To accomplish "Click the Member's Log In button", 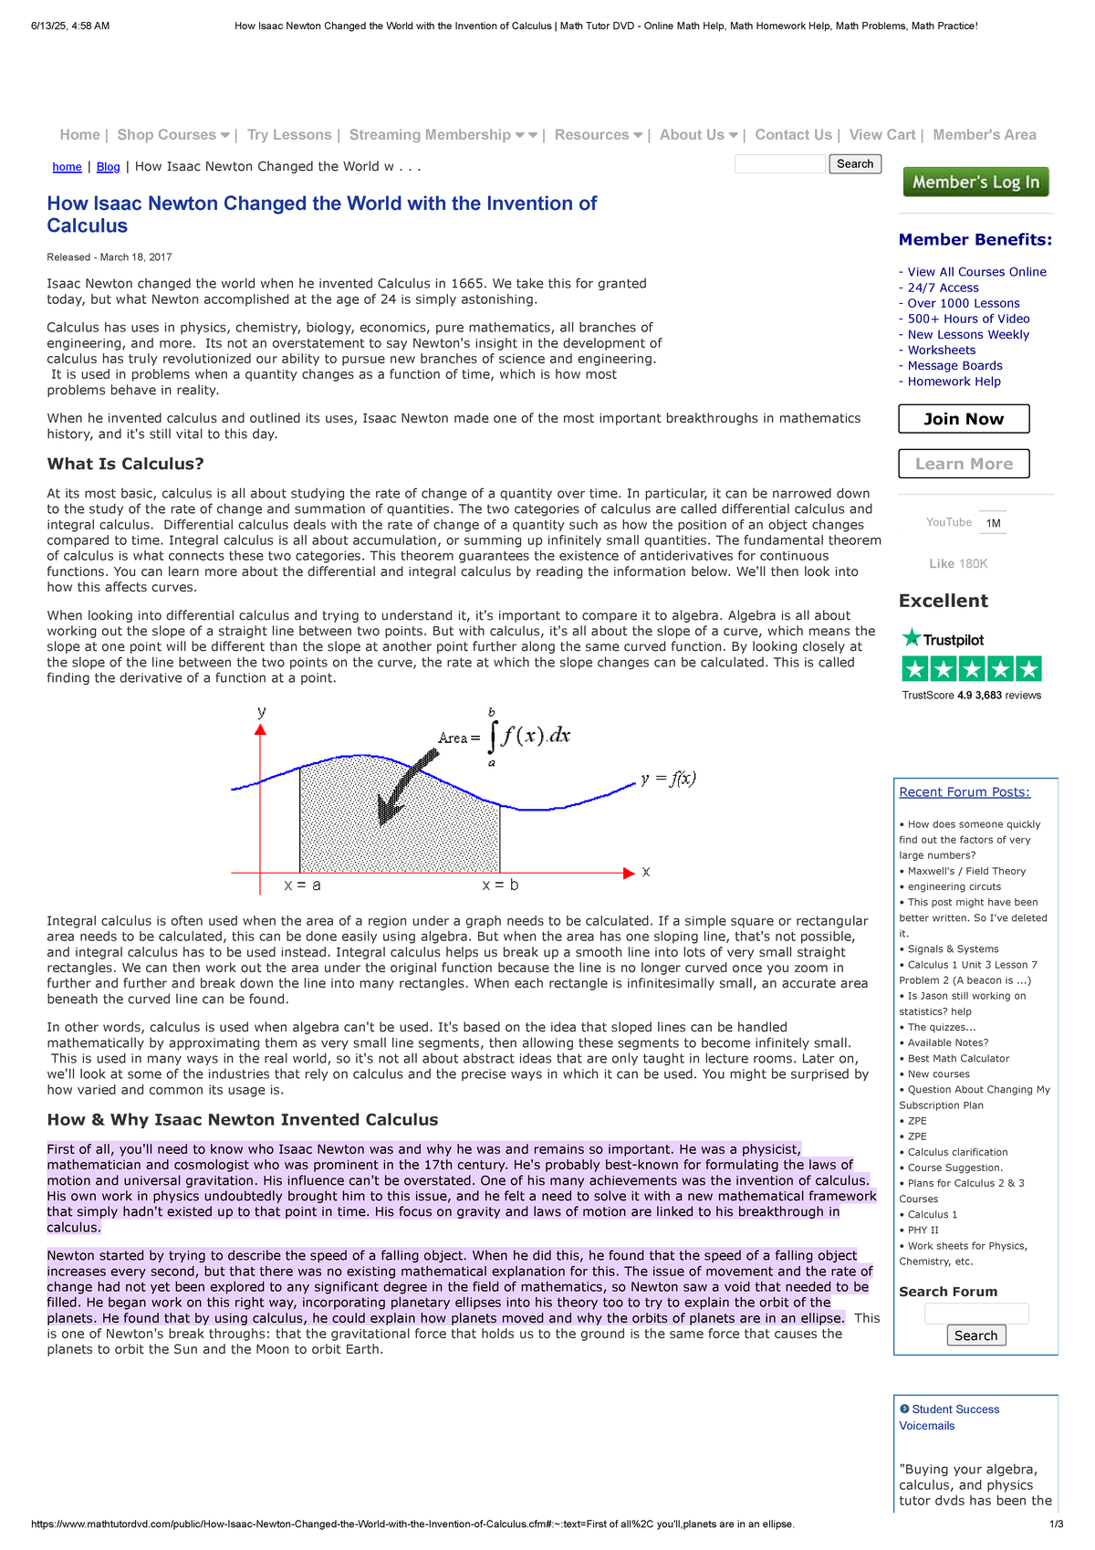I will click(975, 182).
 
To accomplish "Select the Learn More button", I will click(964, 464).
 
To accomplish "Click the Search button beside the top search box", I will click(855, 164).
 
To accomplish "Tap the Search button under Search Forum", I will click(975, 1335).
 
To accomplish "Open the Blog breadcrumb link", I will click(108, 167).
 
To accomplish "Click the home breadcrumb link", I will click(67, 167).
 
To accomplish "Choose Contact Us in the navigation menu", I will click(793, 135).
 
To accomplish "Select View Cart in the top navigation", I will click(881, 135).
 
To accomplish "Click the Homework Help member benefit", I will click(954, 382).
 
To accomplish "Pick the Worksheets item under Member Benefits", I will click(941, 351).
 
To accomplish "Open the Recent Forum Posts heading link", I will click(965, 792).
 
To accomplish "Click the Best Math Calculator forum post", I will click(958, 1059).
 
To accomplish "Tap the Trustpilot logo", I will click(943, 639).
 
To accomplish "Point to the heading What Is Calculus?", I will click(126, 464).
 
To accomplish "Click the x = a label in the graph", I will click(302, 885).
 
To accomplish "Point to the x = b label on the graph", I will click(500, 885).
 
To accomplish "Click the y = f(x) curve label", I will click(668, 779).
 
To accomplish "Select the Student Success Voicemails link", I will click(949, 1417).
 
